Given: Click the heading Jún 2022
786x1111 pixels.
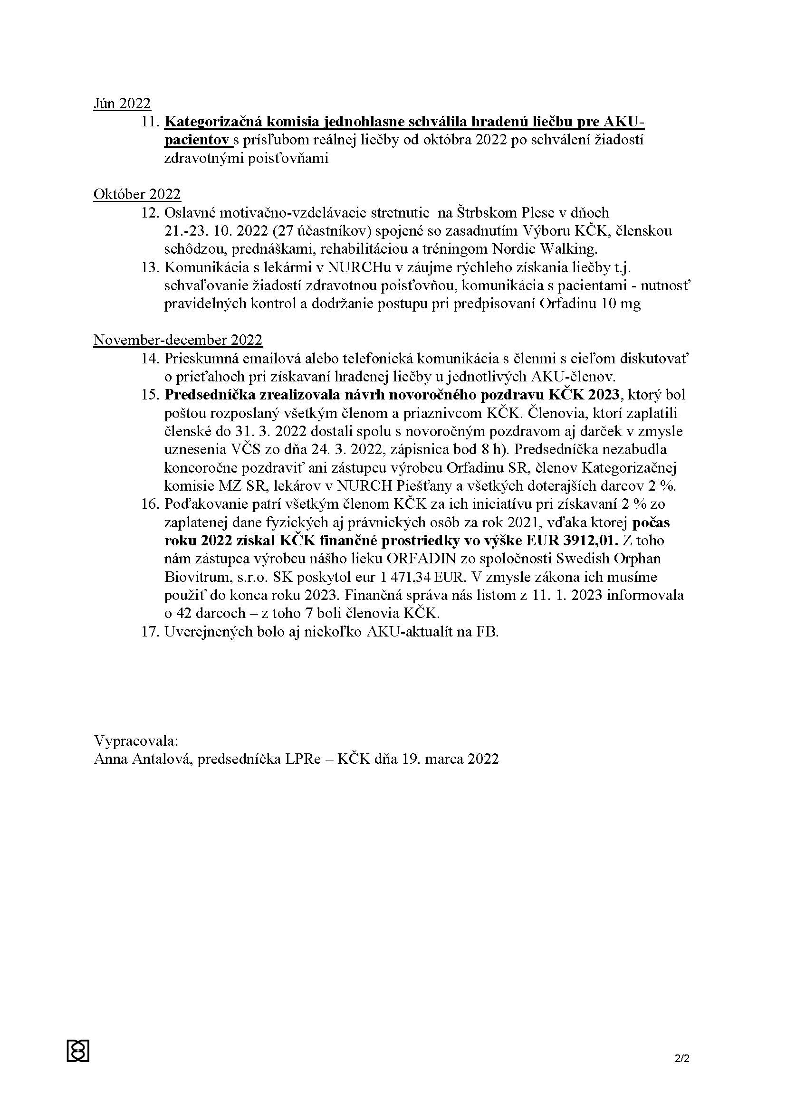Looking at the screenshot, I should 122,103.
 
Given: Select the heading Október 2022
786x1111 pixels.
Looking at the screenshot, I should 137,194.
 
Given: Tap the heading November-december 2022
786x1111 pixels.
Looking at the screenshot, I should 178,340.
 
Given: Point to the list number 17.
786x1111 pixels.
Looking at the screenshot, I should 150,631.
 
